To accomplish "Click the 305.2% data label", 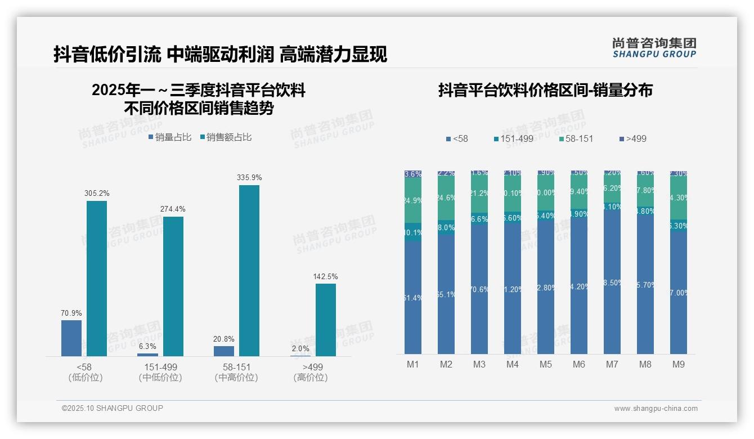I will [x=97, y=193].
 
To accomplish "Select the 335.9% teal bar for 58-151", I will [x=249, y=270].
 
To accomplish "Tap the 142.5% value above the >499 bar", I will [x=325, y=276].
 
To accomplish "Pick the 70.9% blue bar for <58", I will [x=71, y=338].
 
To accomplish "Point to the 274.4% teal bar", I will [x=173, y=286].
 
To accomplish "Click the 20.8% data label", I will [x=224, y=339].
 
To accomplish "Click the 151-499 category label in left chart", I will [x=160, y=367].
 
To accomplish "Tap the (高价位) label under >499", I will [x=310, y=378].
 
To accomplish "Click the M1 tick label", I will [x=413, y=364].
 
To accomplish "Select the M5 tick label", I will [x=546, y=364].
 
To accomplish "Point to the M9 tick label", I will [x=679, y=364].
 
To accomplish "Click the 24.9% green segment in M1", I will [x=413, y=201].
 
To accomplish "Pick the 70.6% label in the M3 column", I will [x=479, y=289].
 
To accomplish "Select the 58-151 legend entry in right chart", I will [x=576, y=138].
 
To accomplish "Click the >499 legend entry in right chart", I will [x=632, y=138].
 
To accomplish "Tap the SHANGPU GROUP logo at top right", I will [x=654, y=48].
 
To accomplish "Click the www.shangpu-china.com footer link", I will [x=656, y=409].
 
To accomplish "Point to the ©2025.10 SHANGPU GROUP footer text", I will [x=112, y=408].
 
